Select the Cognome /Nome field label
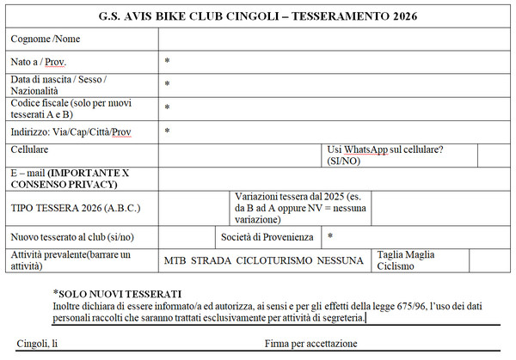coord(46,40)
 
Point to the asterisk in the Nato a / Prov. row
coord(167,62)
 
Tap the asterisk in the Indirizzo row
coord(167,131)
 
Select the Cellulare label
coord(29,149)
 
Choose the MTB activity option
coord(175,260)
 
